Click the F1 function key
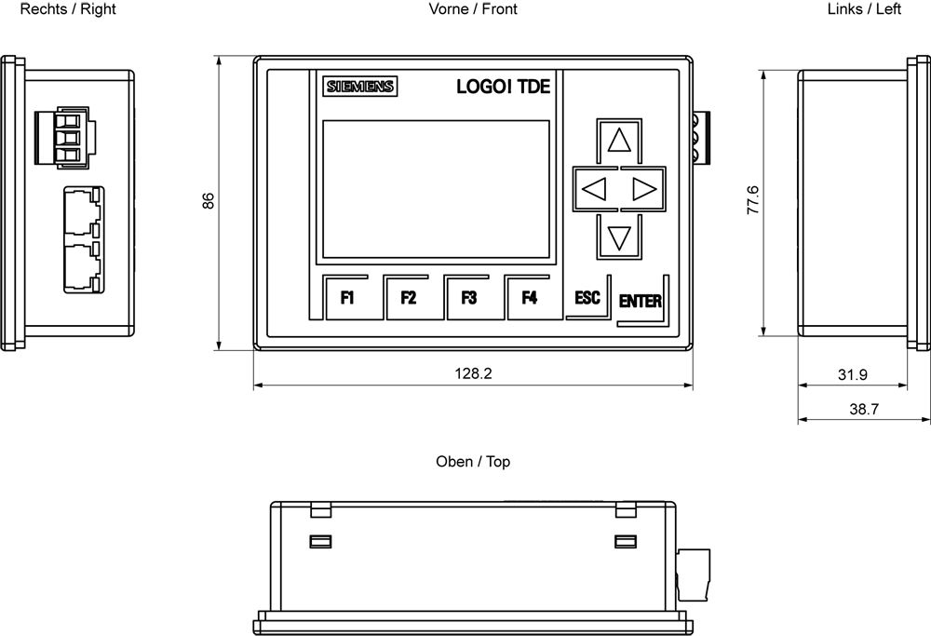[x=348, y=298]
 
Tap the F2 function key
[x=409, y=298]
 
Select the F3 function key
[x=469, y=298]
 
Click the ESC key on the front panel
[x=587, y=298]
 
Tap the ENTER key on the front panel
[x=641, y=301]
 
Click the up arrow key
[x=619, y=141]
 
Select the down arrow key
[x=619, y=237]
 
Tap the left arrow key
[x=593, y=190]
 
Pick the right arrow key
[x=644, y=190]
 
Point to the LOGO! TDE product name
[x=503, y=87]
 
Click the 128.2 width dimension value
[x=473, y=373]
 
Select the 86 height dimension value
[x=209, y=201]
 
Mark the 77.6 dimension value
[x=753, y=201]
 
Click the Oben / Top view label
[x=473, y=461]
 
